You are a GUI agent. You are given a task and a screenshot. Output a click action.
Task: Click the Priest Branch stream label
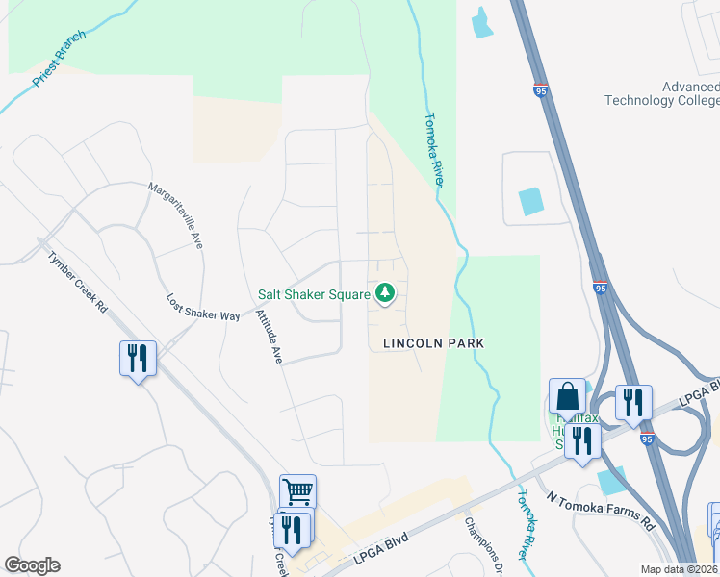point(59,60)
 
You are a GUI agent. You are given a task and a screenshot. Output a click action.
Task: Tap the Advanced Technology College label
point(662,94)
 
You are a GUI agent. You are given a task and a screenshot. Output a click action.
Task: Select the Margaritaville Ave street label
point(176,216)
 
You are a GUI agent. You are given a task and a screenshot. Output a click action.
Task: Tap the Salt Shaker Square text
point(314,294)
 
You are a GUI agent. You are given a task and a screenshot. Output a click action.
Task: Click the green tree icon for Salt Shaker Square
point(385,293)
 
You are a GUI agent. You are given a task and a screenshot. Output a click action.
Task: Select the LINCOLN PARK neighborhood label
point(432,342)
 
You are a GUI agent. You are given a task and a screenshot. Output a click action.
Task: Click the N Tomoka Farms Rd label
point(601,512)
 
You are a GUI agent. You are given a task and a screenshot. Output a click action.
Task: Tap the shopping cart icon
point(297,492)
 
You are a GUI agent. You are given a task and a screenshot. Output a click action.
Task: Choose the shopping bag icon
point(567,396)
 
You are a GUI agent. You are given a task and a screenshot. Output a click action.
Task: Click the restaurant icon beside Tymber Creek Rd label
point(138,359)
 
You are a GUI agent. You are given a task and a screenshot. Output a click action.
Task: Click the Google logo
point(32,565)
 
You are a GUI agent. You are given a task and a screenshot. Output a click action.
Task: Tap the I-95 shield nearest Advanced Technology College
point(540,89)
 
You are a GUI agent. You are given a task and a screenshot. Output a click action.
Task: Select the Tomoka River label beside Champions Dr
point(525,525)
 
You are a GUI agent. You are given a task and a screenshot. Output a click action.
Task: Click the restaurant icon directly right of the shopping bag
point(633,402)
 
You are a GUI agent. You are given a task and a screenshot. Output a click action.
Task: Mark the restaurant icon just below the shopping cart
point(292,528)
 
